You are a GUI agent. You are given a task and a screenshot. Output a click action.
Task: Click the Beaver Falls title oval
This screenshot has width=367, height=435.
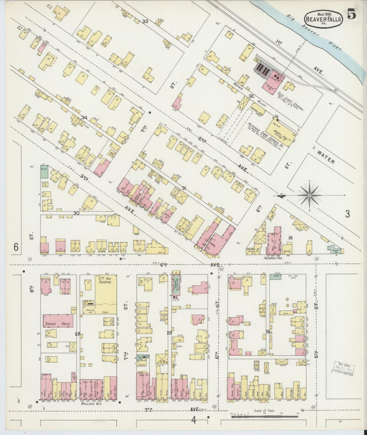(x=323, y=19)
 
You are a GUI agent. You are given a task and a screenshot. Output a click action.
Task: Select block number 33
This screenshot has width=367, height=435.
(x=145, y=22)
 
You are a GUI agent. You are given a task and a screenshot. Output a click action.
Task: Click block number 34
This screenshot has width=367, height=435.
(x=84, y=117)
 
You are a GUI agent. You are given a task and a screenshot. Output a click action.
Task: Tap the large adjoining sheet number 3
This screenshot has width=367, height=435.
(x=347, y=214)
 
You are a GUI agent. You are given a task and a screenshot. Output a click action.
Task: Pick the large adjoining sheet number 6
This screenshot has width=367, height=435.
(x=16, y=247)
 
